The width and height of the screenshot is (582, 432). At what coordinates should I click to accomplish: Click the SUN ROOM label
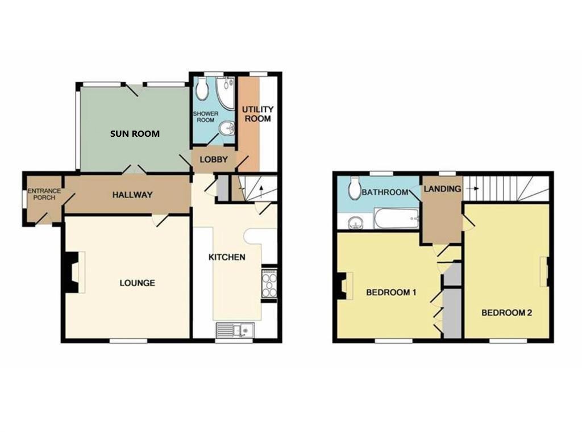[x=135, y=134]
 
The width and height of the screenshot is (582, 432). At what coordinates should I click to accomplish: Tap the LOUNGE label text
[x=137, y=283]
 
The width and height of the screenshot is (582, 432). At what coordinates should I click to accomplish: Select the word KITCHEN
[x=227, y=257]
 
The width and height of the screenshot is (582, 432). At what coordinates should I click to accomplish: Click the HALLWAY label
[x=132, y=195]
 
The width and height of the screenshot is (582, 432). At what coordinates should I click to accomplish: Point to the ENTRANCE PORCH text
[x=44, y=194]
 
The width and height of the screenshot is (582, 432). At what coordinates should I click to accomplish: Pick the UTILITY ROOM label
[x=257, y=114]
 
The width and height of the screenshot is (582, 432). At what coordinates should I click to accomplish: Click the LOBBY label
[x=213, y=160]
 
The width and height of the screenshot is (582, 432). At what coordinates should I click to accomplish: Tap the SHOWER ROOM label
[x=205, y=117]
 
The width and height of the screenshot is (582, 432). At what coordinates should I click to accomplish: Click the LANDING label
[x=442, y=189]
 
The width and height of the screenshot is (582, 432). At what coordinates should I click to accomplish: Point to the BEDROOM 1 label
[x=391, y=293]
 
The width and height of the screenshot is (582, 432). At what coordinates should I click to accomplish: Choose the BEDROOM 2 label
[x=506, y=312]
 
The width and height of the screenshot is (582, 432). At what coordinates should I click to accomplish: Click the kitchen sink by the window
[x=235, y=330]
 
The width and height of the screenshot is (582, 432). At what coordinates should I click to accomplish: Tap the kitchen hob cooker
[x=269, y=283]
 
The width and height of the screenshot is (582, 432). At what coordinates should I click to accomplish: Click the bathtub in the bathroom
[x=396, y=219]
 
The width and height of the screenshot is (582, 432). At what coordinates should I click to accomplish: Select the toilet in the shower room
[x=202, y=89]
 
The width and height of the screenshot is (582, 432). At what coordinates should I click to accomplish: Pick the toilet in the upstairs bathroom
[x=355, y=186]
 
